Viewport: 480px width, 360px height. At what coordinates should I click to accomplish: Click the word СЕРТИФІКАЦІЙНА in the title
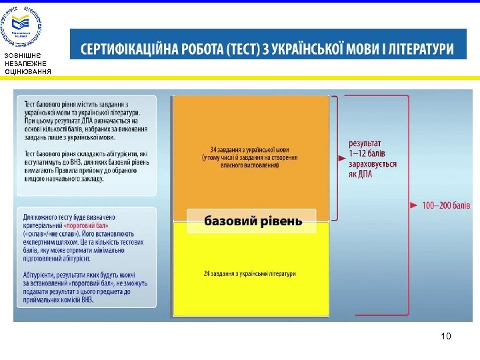coord(132,49)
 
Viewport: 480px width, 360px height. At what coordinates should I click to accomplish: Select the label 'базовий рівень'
coord(253,221)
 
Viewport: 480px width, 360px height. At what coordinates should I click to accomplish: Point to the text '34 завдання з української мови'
coord(250,150)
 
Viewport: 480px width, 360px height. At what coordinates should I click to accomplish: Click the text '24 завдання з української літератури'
coord(249,273)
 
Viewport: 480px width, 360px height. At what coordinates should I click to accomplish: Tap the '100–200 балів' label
coord(446,205)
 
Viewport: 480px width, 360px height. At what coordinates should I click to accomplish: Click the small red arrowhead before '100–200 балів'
coord(414,205)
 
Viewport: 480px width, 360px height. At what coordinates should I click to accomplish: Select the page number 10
coord(446,336)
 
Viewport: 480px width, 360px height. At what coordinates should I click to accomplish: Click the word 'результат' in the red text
coord(365,143)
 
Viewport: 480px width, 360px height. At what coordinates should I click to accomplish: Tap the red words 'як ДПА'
coord(361,174)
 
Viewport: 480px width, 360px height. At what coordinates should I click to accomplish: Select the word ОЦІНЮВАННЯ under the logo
coord(27,71)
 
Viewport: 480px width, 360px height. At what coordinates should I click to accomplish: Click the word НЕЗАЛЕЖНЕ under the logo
coord(25,63)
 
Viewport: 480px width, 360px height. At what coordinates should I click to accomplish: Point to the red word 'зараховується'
coord(373,164)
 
